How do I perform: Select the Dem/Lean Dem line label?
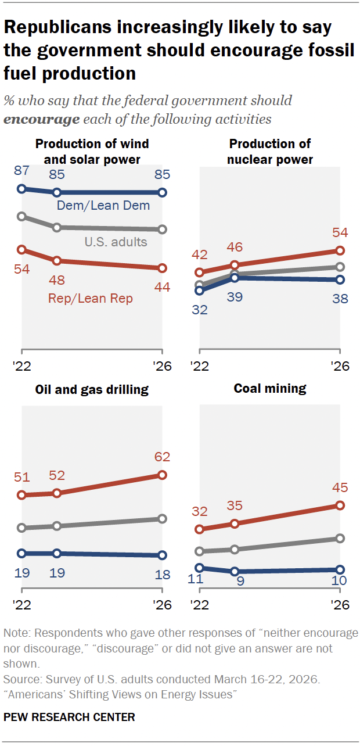pos(103,205)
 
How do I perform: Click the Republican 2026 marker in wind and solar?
pos(162,268)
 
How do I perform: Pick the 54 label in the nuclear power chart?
pos(340,232)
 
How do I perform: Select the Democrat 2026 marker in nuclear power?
pos(340,279)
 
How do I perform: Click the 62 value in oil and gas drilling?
pos(161,457)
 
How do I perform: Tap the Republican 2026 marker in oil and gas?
pos(162,475)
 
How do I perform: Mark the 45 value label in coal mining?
pos(340,487)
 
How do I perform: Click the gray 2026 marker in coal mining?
pos(340,539)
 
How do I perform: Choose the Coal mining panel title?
pos(270,389)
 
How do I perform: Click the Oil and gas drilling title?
pos(92,389)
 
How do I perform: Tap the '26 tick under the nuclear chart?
pos(340,367)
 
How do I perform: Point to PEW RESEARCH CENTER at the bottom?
pos(69,717)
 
